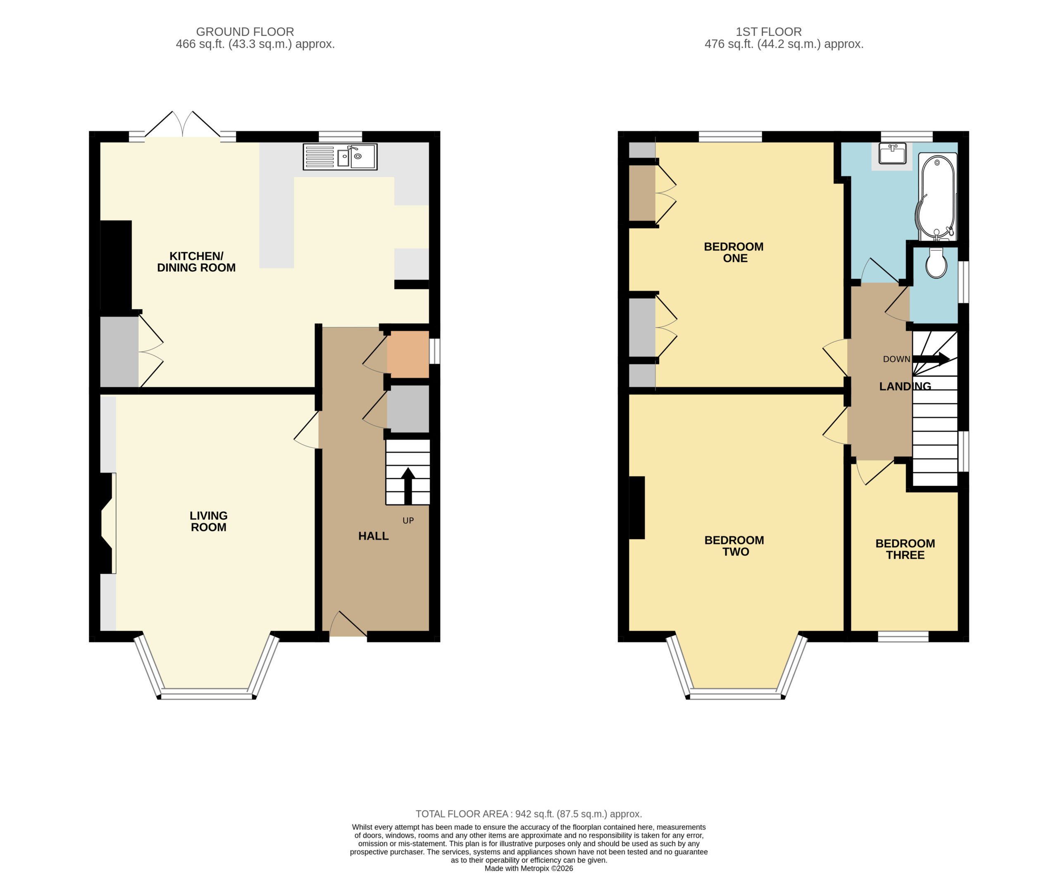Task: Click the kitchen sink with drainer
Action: (340, 157)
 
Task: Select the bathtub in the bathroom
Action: (937, 197)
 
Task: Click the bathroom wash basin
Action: (893, 153)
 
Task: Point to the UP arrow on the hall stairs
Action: (407, 486)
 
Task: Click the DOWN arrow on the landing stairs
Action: (931, 359)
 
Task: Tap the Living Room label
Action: (208, 521)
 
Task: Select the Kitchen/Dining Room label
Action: (196, 262)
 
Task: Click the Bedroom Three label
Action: (905, 549)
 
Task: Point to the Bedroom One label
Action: (734, 252)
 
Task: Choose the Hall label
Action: (373, 536)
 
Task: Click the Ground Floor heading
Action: (245, 32)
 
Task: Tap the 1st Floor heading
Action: (769, 32)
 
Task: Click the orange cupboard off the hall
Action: (408, 354)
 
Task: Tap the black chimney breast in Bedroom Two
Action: (637, 508)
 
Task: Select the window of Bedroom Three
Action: (903, 637)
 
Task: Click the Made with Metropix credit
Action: (529, 868)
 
